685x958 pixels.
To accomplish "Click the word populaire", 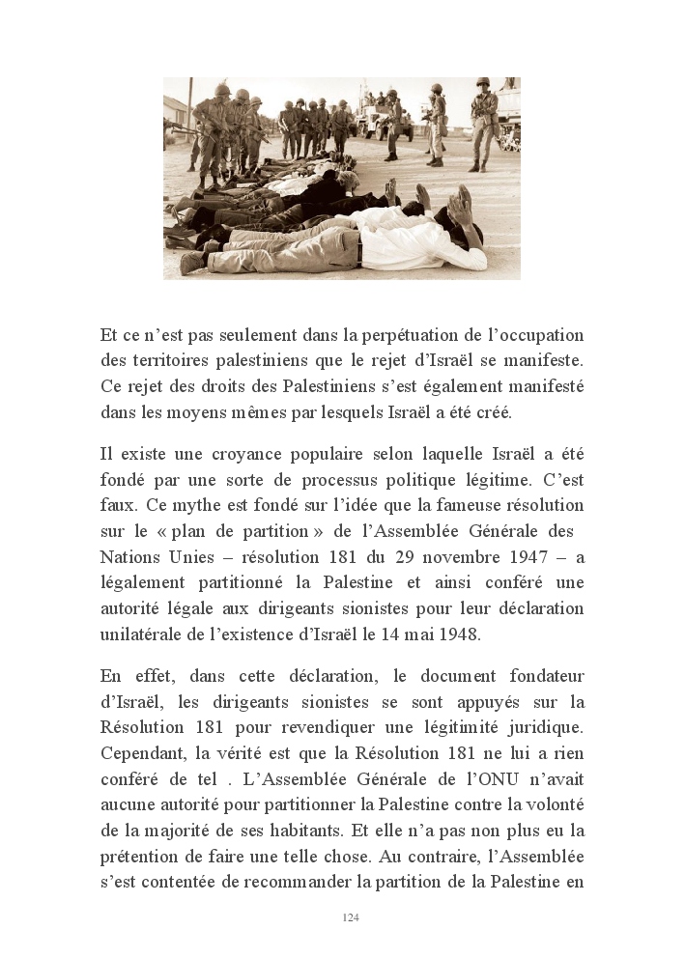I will click(290, 454).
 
